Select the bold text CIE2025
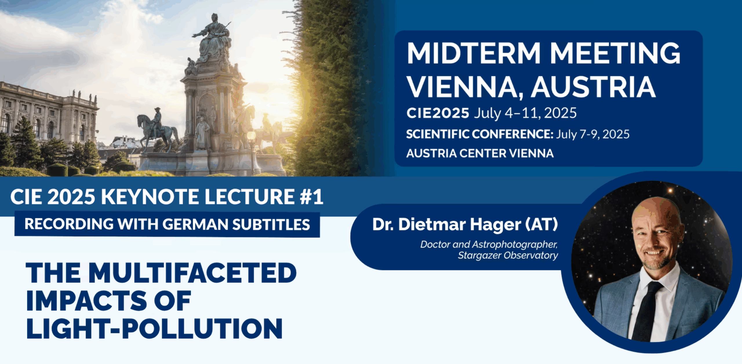click(438, 113)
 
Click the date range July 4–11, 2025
click(525, 113)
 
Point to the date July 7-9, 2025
click(592, 134)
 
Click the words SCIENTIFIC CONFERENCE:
click(480, 134)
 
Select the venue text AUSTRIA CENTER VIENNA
click(480, 153)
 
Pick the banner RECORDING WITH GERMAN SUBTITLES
click(167, 224)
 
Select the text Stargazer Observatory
click(508, 255)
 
